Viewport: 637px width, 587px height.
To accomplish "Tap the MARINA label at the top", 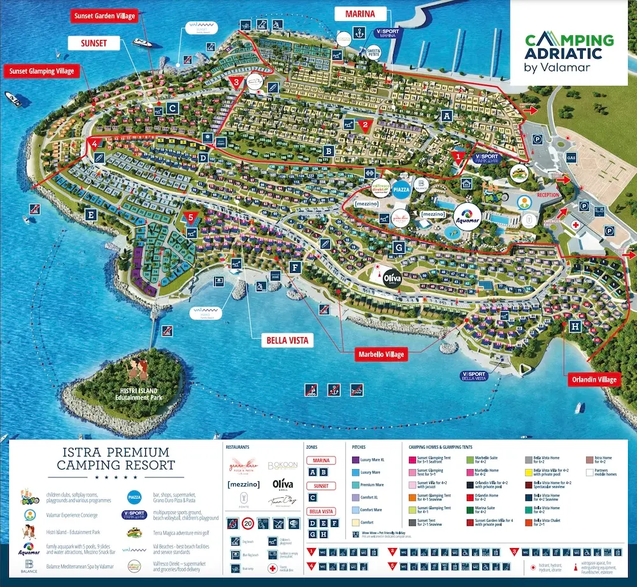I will pos(360,13).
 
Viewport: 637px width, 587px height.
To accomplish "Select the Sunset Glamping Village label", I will pos(41,71).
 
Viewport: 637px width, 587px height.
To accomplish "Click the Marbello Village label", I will pos(380,354).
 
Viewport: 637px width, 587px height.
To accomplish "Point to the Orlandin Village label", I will pos(594,380).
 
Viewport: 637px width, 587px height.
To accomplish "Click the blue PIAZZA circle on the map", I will pos(402,190).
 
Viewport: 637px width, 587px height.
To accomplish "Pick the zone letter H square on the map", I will pos(576,326).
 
